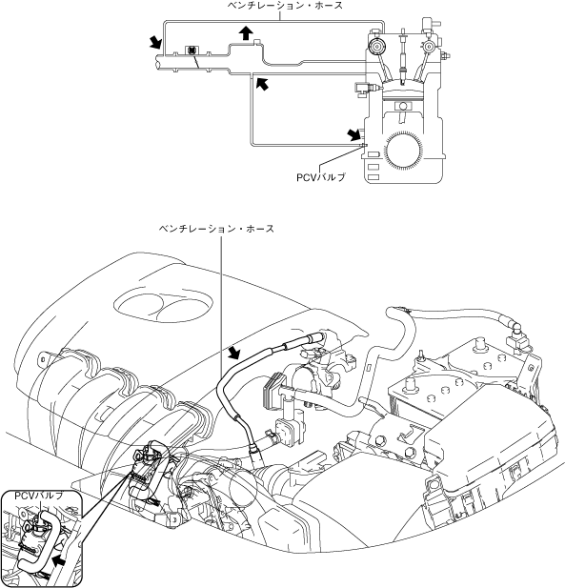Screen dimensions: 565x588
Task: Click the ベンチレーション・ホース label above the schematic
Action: (x=286, y=6)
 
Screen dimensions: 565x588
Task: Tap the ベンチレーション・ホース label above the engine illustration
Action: (x=216, y=229)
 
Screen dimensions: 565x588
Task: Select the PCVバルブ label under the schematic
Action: (x=320, y=177)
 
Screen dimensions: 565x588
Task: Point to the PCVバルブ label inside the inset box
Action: (x=39, y=496)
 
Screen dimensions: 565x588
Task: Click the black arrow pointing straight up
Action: (x=246, y=33)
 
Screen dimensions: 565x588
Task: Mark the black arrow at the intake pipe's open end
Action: (x=154, y=42)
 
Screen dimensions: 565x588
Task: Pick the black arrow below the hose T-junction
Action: (x=262, y=83)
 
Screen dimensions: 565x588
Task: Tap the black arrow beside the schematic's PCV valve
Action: (x=353, y=134)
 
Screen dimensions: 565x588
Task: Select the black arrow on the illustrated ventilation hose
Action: (x=235, y=353)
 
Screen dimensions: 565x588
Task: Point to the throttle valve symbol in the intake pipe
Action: (x=192, y=51)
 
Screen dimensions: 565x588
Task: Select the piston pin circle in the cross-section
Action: (x=403, y=106)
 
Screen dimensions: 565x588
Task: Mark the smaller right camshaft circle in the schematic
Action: (x=428, y=47)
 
